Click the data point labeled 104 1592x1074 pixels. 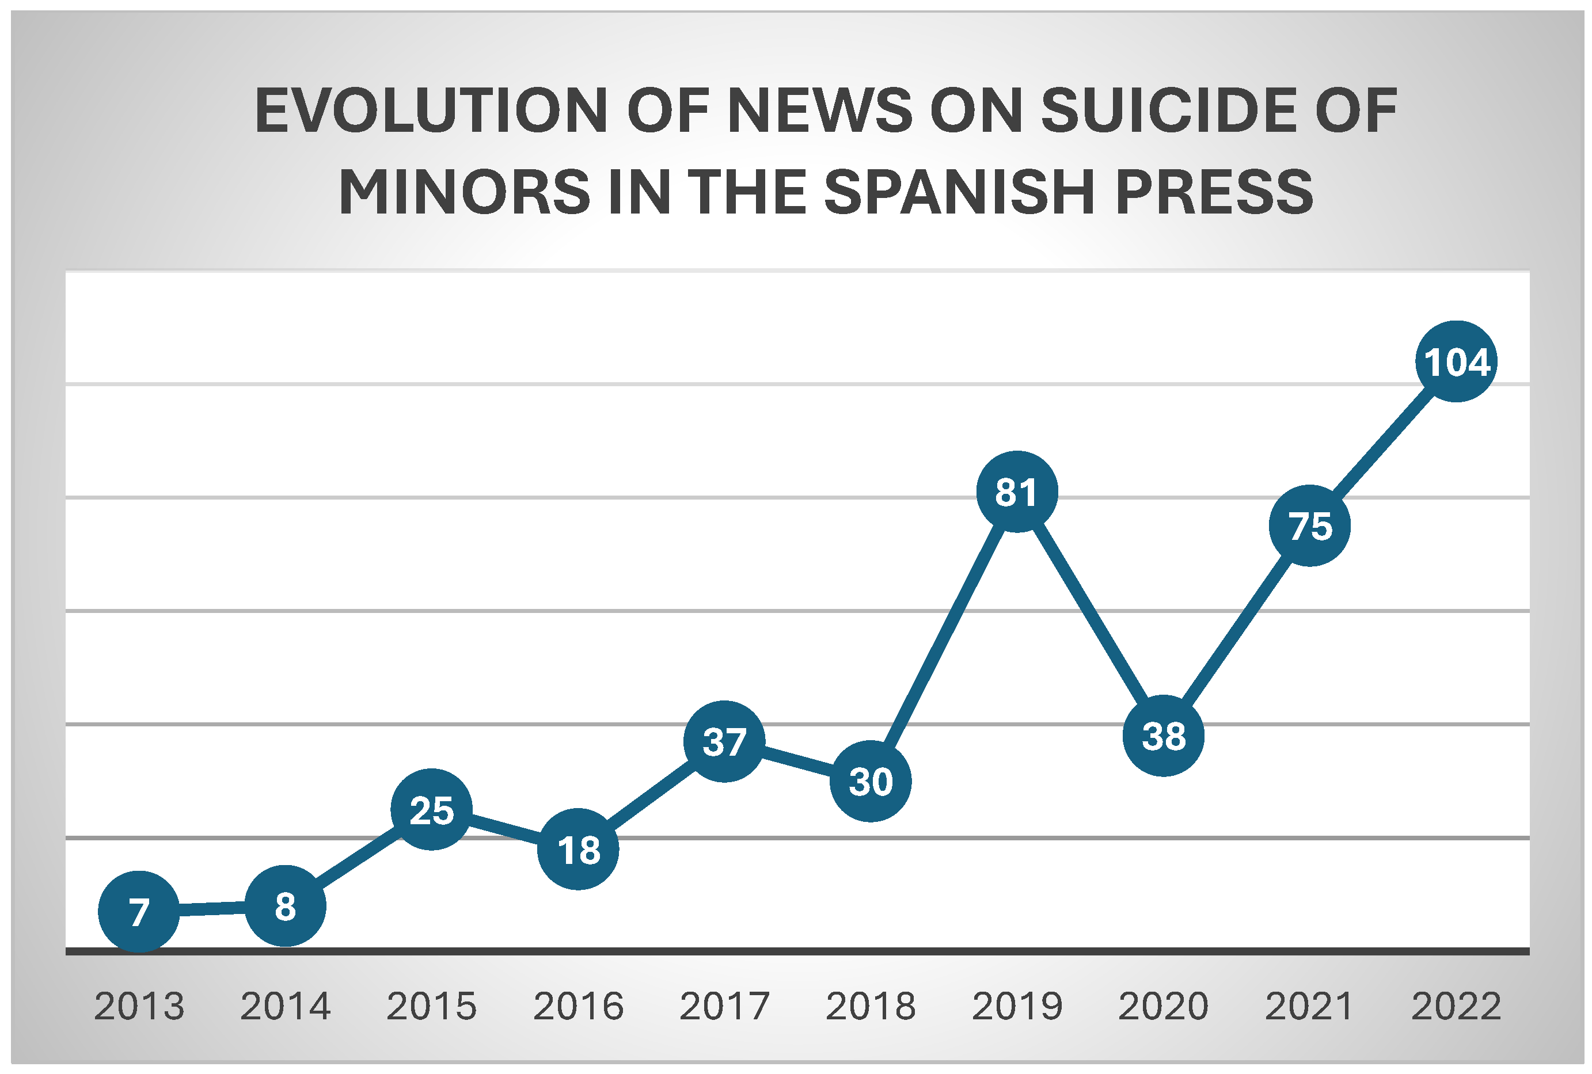click(x=1456, y=361)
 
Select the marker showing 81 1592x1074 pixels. click(x=1017, y=491)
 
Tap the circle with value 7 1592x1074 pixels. click(x=139, y=911)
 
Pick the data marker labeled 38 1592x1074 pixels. click(x=1163, y=736)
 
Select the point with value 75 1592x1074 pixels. click(x=1310, y=525)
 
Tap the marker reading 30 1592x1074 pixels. click(x=871, y=781)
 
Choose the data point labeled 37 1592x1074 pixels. click(x=724, y=741)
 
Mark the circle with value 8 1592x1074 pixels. click(x=285, y=905)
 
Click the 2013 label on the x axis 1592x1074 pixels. click(x=139, y=1006)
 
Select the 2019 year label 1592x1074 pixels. click(x=1017, y=1006)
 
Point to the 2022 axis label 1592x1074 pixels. click(x=1456, y=1006)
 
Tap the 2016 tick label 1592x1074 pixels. click(x=578, y=1006)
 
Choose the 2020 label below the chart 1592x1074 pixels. click(x=1163, y=1006)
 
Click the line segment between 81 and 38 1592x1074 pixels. click(x=1090, y=614)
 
